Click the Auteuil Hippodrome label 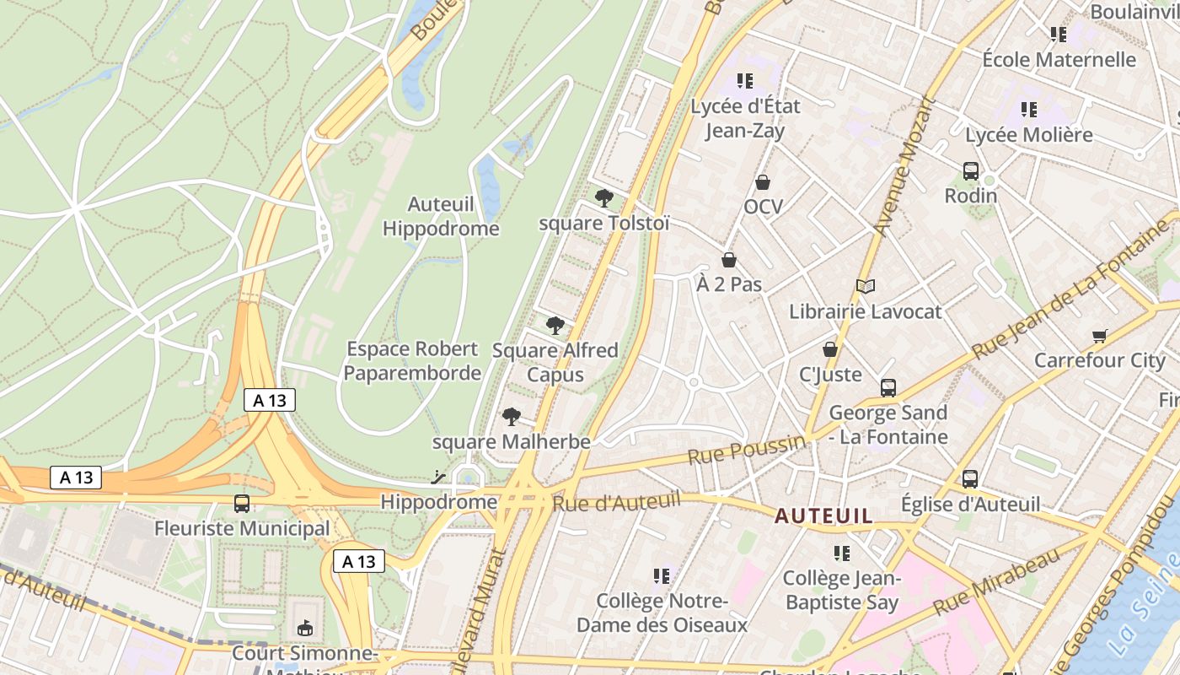(x=441, y=216)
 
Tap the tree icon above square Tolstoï (x=603, y=198)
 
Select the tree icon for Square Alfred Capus (x=555, y=325)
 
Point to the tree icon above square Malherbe (x=511, y=416)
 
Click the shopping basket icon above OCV (x=763, y=182)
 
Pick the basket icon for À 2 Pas (x=729, y=260)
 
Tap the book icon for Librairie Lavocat (x=866, y=287)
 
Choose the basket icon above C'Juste (x=830, y=349)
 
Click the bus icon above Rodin (x=970, y=171)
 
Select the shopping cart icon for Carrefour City (x=1099, y=336)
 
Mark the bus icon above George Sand (x=888, y=388)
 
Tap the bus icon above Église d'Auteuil (x=970, y=479)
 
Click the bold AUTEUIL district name (x=823, y=516)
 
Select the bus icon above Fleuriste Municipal (x=242, y=504)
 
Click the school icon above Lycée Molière (x=1028, y=110)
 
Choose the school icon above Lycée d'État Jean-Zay (x=744, y=81)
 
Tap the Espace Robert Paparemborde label (x=413, y=360)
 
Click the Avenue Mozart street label (x=905, y=166)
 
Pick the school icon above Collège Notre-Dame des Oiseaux (x=662, y=576)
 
